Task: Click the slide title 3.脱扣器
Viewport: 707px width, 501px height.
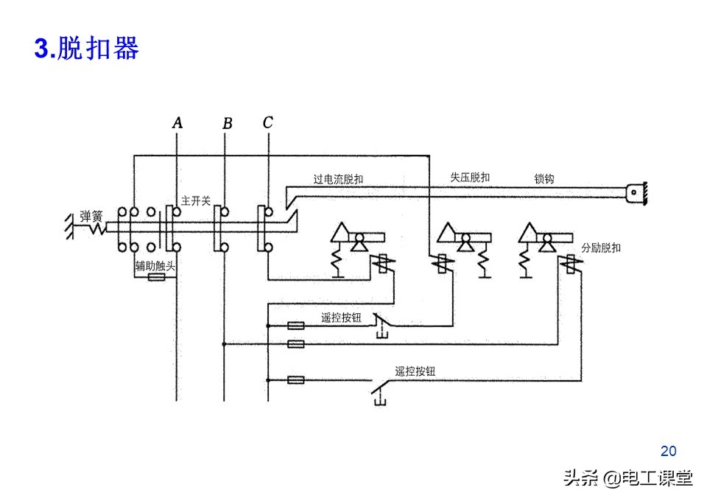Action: tap(86, 49)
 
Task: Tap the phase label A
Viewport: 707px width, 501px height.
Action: tap(177, 123)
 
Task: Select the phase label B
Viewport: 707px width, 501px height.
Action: tap(227, 124)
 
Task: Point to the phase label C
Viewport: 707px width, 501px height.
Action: tap(267, 123)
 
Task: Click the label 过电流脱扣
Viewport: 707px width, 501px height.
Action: tap(338, 179)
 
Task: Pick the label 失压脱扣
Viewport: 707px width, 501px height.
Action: tap(470, 178)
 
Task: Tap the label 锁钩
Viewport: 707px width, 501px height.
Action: tap(544, 179)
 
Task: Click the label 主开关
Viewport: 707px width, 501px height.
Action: tap(196, 200)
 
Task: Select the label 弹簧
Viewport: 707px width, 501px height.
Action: tap(91, 216)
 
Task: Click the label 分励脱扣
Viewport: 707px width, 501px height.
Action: tap(601, 248)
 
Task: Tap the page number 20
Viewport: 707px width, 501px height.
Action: tap(668, 451)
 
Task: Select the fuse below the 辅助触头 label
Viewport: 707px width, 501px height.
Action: tap(155, 278)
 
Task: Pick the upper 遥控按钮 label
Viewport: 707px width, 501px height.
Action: tap(341, 318)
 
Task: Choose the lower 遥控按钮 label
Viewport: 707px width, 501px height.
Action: tap(415, 371)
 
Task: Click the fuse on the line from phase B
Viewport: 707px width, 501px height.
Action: tap(295, 343)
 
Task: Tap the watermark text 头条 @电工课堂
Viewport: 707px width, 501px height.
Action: tap(627, 479)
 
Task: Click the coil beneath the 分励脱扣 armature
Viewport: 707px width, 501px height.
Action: tap(569, 263)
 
